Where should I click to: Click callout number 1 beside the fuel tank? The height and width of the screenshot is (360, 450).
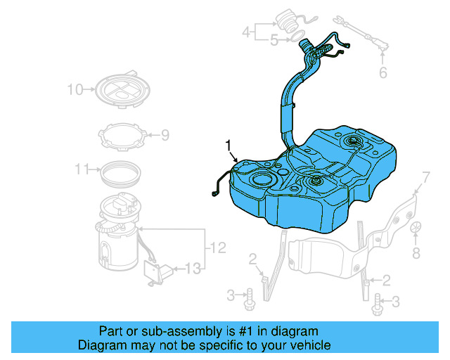pos(228,145)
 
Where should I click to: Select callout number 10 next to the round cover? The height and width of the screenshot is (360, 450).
pos(75,89)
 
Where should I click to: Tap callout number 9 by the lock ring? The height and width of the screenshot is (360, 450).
pos(165,134)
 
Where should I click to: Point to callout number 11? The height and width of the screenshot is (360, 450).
pos(82,169)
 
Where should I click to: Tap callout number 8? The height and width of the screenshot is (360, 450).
pos(416,252)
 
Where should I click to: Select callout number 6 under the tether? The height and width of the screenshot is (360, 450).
pos(382,72)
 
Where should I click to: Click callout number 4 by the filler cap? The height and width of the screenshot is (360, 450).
pos(246,32)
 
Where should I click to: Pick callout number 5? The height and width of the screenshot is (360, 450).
pos(274,41)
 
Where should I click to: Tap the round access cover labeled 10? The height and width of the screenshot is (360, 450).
pos(123,91)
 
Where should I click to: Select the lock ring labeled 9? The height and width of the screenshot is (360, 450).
pos(122,135)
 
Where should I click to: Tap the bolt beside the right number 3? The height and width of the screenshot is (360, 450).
pos(375,302)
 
